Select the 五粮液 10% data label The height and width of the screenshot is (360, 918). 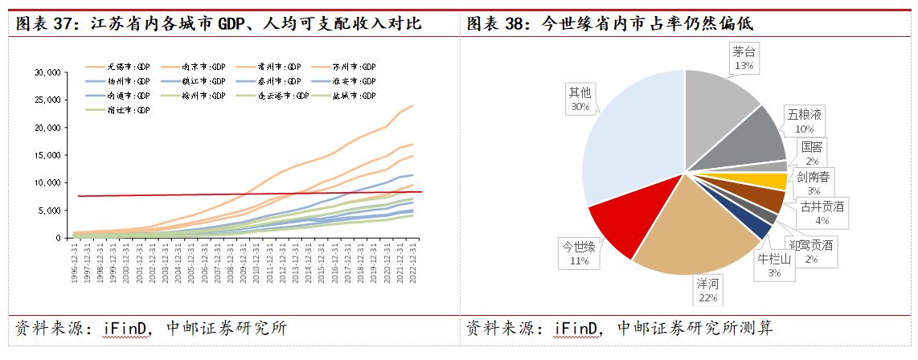coord(804,121)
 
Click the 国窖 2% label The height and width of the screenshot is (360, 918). coord(812,153)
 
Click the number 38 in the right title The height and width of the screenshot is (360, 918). coord(517,24)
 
